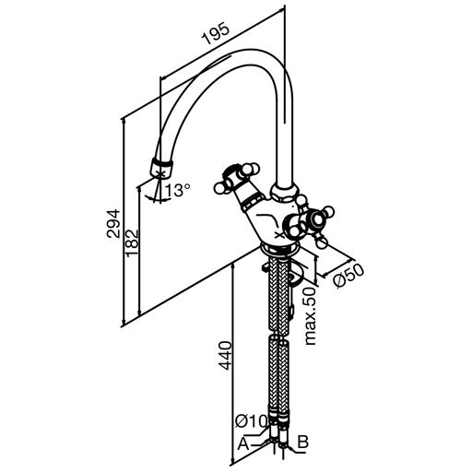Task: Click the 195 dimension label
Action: tap(216, 34)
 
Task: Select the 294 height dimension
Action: tap(113, 223)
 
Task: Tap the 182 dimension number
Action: tap(132, 243)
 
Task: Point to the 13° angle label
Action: tap(178, 191)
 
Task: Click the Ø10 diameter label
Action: tap(252, 421)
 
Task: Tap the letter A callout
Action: tap(242, 444)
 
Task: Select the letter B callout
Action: tap(303, 442)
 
